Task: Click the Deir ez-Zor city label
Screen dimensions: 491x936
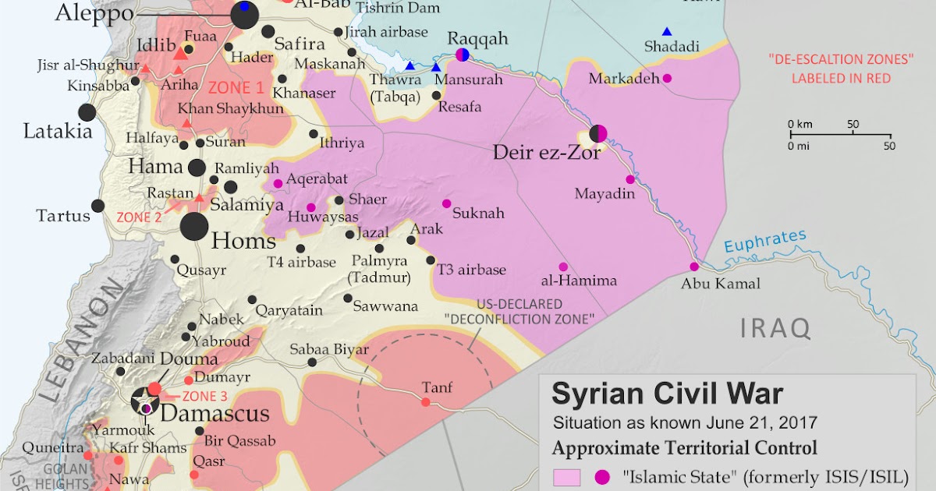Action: [x=546, y=154]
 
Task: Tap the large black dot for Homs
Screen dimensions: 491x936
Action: [x=194, y=227]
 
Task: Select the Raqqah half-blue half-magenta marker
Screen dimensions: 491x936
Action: [x=463, y=55]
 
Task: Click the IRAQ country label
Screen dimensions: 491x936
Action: [x=775, y=328]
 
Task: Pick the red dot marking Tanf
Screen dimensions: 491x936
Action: [x=425, y=402]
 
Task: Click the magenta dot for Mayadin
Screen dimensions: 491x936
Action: [x=630, y=179]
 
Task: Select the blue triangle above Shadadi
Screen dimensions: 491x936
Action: [x=667, y=32]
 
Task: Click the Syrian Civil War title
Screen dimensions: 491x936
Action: [x=667, y=394]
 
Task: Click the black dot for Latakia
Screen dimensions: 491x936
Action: [x=87, y=112]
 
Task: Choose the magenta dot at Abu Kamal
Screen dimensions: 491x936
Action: [x=694, y=267]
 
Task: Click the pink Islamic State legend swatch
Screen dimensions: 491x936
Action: [x=566, y=476]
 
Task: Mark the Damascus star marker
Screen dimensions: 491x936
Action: [x=145, y=402]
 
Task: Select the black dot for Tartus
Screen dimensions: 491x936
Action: [x=98, y=206]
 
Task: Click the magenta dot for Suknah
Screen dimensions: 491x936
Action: [x=447, y=203]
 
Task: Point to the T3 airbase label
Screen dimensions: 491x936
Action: [x=471, y=270]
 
